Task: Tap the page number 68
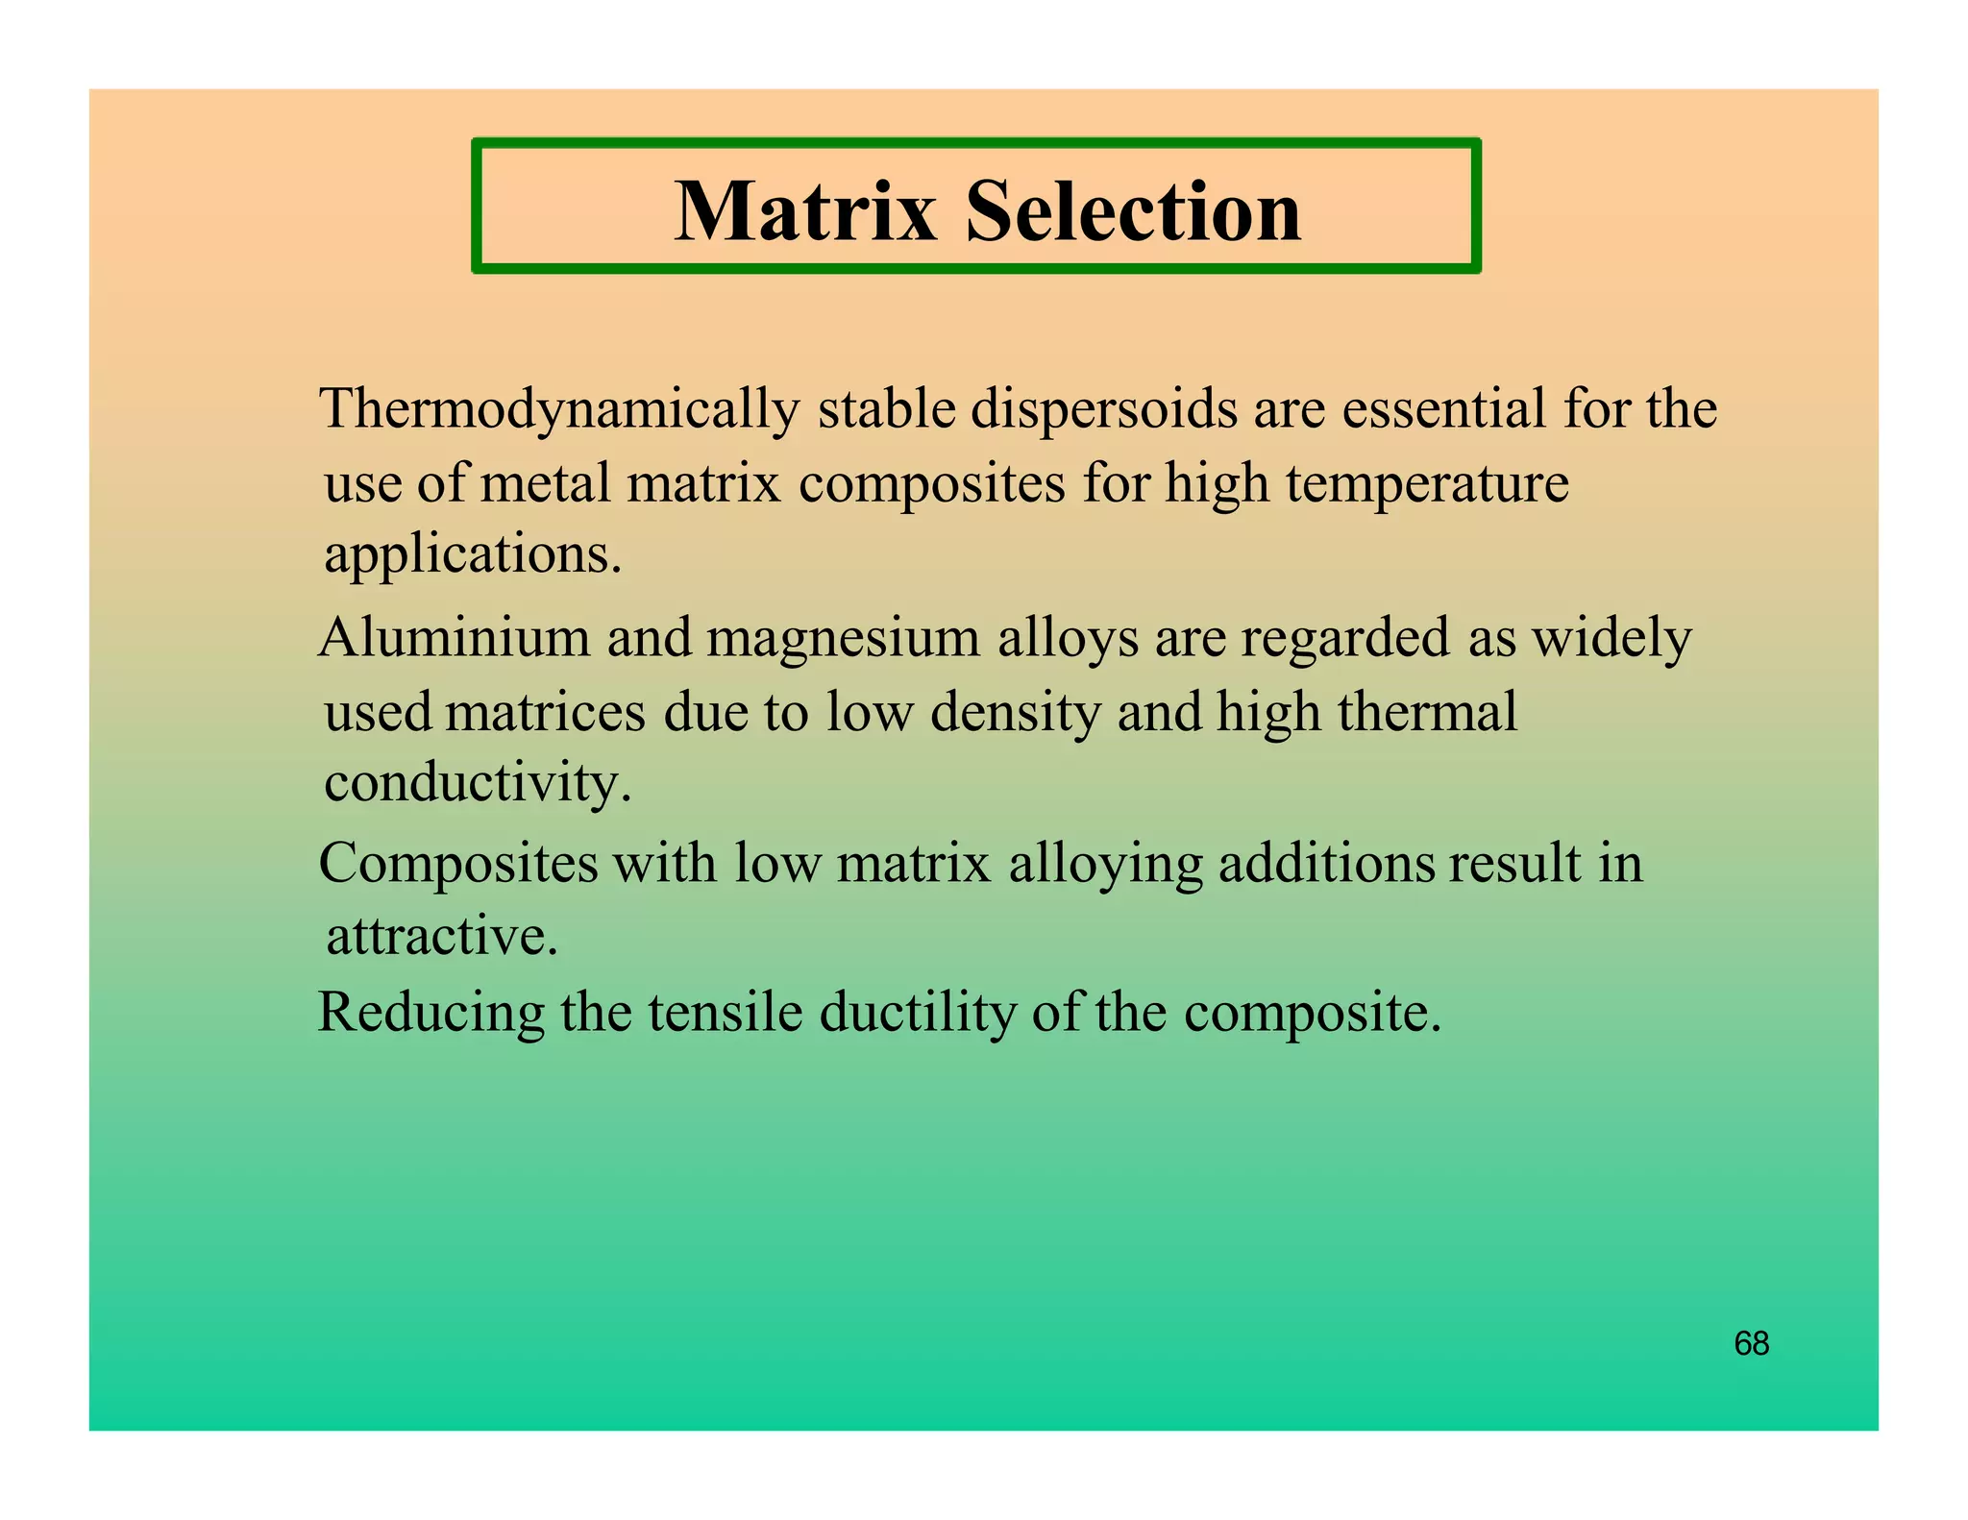1751,1343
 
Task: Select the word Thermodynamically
559,410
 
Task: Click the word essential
1443,408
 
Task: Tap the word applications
472,555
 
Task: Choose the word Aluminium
455,637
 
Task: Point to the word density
1015,714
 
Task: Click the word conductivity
478,783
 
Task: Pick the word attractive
442,936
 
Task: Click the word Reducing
430,1014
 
